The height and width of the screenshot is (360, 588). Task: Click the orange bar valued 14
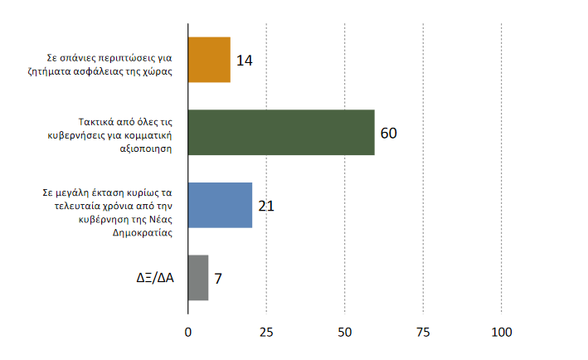tap(209, 61)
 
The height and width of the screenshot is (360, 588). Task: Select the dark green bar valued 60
tap(281, 132)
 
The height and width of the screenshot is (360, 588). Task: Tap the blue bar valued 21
tap(220, 205)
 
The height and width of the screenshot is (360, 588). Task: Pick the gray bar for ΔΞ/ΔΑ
tap(198, 277)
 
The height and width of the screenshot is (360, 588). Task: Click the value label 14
tap(244, 61)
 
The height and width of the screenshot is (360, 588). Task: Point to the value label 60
tap(389, 133)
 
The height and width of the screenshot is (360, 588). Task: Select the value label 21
tap(266, 205)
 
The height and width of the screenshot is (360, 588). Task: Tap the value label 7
tap(218, 278)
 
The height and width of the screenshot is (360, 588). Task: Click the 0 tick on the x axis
tap(188, 333)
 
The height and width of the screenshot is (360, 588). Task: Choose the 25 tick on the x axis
tap(266, 333)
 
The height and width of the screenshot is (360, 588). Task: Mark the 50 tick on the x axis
tap(344, 333)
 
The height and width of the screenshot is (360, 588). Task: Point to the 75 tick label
tap(423, 333)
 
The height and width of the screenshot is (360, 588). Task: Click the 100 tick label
tap(502, 333)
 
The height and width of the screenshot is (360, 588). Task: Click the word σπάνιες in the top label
tap(78, 58)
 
